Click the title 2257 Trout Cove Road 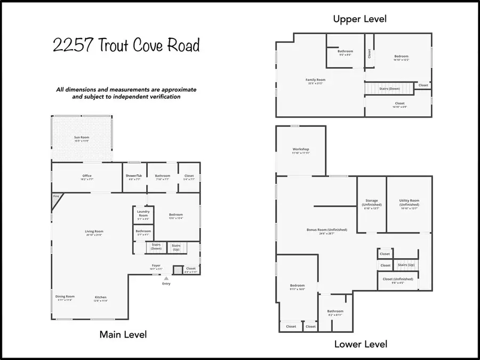[126, 46]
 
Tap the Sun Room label [82, 137]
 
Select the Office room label [87, 176]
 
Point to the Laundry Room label [143, 213]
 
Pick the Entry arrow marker [166, 278]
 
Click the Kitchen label [101, 297]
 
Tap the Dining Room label [65, 297]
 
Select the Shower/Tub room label [134, 176]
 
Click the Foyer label [156, 265]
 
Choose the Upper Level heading [359, 19]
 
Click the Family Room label [316, 80]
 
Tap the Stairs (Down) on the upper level [389, 89]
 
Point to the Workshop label [301, 149]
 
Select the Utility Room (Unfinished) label [409, 203]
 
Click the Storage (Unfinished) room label [371, 203]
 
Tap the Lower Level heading [361, 344]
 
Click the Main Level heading [123, 334]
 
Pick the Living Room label [94, 231]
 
